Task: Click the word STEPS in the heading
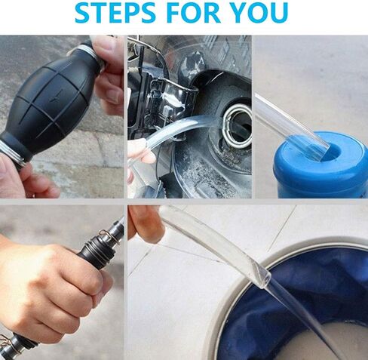coord(115,12)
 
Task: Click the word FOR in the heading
coord(192,12)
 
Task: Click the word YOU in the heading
coord(259,12)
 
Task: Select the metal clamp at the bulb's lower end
coord(13,152)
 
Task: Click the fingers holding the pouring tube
coord(143,225)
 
